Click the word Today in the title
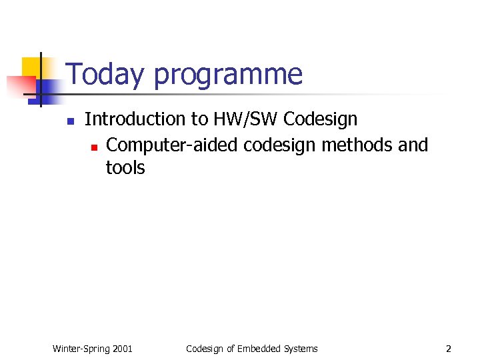pyautogui.click(x=105, y=75)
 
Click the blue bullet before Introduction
pyautogui.click(x=69, y=121)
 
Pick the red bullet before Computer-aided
pyautogui.click(x=94, y=146)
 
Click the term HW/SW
pyautogui.click(x=245, y=119)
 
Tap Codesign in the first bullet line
pyautogui.click(x=320, y=119)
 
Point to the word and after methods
pyautogui.click(x=413, y=145)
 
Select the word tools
pyautogui.click(x=125, y=168)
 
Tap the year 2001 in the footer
pyautogui.click(x=123, y=349)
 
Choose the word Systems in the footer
pyautogui.click(x=300, y=349)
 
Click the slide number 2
pyautogui.click(x=449, y=349)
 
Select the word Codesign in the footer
pyautogui.click(x=205, y=349)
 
